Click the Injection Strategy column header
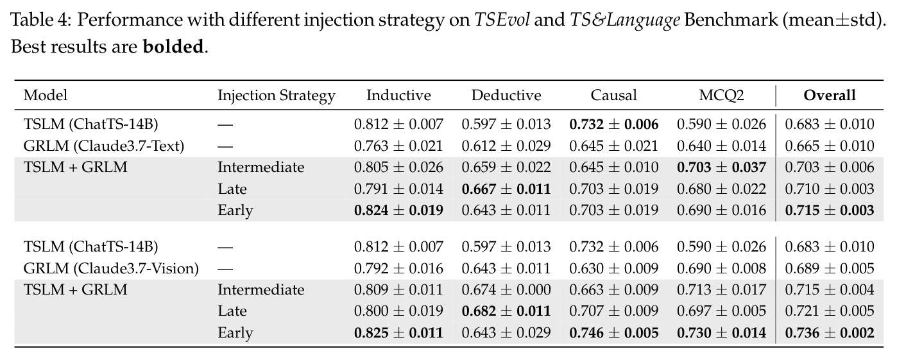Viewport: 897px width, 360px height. point(277,96)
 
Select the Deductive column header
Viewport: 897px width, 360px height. point(506,96)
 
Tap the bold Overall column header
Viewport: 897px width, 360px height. point(830,96)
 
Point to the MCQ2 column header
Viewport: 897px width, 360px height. point(721,96)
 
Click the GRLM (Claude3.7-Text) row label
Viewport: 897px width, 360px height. point(104,146)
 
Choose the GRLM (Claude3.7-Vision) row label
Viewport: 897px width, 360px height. point(111,268)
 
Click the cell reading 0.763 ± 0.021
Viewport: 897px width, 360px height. point(398,146)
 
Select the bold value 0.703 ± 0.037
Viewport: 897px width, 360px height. point(721,167)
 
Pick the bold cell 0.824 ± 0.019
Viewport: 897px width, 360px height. point(398,210)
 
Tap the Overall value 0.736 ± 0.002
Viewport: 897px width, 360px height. point(830,332)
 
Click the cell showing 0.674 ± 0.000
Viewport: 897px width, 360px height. point(506,289)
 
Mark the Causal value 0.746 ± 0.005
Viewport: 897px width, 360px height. point(614,332)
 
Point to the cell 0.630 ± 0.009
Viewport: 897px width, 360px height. point(614,268)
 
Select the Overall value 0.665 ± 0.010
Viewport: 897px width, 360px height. point(830,146)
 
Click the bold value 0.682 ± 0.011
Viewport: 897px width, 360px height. point(506,311)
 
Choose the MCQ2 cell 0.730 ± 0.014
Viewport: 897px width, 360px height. point(721,332)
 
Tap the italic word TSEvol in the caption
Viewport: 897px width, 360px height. point(502,20)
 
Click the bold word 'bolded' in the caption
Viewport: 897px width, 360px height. point(173,46)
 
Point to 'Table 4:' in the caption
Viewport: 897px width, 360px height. point(40,20)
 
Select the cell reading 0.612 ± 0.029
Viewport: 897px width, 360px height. point(506,146)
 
